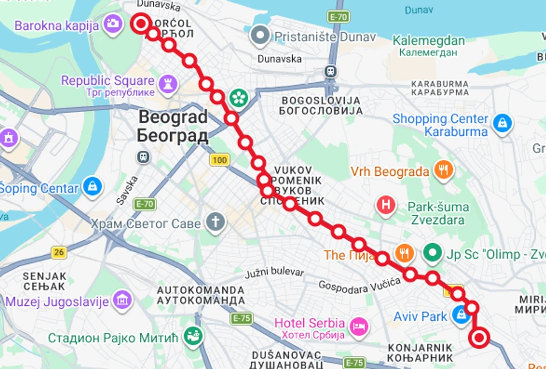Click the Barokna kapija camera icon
tap(112, 24)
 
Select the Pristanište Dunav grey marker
tap(260, 37)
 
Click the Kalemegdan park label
tap(429, 41)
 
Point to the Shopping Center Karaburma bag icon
tap(501, 123)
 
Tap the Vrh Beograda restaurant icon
tap(444, 171)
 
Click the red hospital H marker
tap(386, 204)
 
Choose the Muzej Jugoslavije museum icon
tap(123, 300)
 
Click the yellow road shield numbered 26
tap(59, 252)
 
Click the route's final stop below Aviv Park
tap(480, 338)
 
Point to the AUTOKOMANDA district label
tap(201, 290)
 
